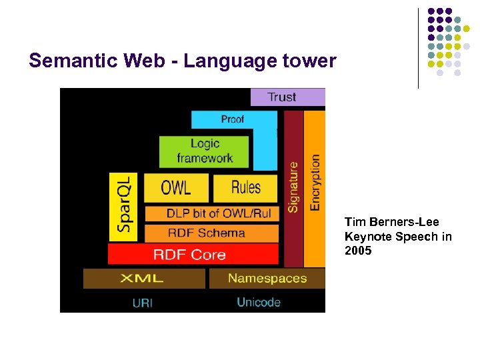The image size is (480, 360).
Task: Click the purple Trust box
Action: [287, 97]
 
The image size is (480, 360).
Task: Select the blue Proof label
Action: [233, 119]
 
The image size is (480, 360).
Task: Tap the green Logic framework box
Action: [204, 151]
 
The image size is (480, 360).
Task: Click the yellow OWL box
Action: [176, 188]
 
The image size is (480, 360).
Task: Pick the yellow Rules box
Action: [245, 188]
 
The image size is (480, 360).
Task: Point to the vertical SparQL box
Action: [124, 207]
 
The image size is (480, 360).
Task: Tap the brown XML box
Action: [143, 278]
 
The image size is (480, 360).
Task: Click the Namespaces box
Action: [267, 278]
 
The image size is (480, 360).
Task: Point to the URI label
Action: [143, 303]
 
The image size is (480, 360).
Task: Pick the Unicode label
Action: [259, 302]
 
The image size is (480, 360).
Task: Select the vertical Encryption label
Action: [315, 183]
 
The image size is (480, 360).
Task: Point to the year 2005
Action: [358, 251]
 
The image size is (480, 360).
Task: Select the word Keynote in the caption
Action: [367, 237]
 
